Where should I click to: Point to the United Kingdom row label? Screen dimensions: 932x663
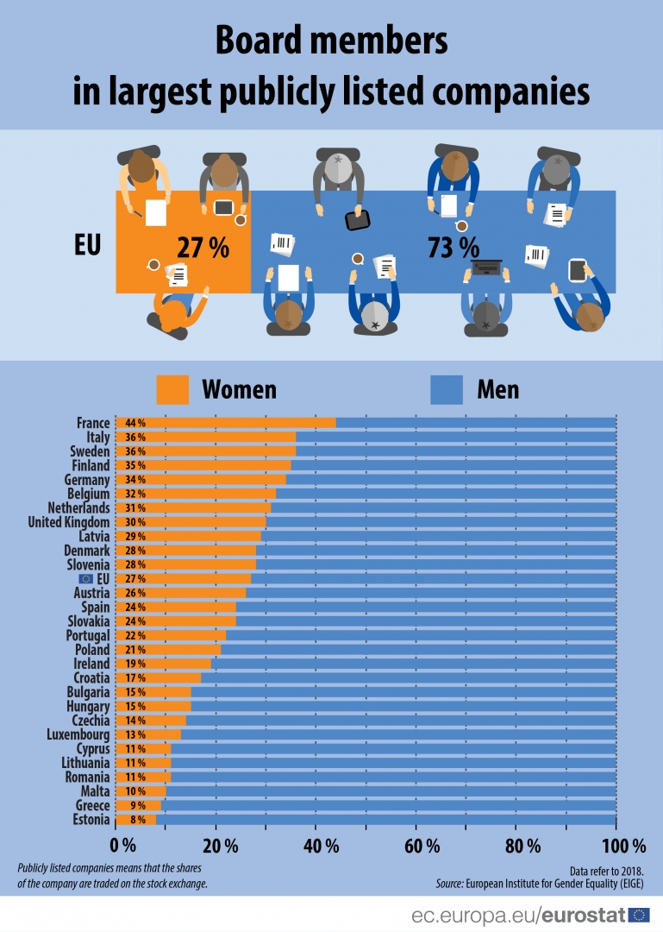69,522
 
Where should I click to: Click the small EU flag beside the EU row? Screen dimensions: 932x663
86,579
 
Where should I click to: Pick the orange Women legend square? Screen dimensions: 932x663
172,389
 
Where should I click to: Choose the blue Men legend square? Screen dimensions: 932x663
447,389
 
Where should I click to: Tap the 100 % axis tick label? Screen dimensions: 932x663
616,844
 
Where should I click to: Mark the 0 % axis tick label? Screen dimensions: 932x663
124,844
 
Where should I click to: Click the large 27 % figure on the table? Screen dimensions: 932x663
203,248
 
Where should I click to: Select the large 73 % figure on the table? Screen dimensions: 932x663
453,248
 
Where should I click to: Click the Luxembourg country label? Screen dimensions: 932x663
78,734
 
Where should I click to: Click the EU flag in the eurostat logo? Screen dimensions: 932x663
639,915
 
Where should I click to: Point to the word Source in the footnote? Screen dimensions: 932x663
448,884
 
